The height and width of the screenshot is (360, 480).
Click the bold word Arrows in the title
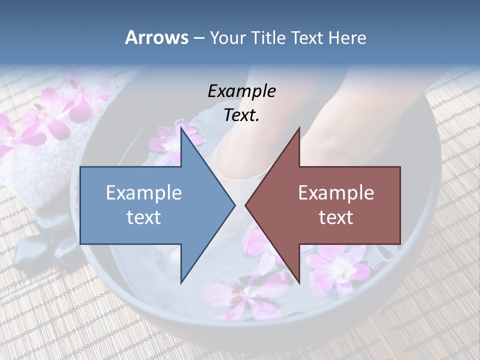click(156, 37)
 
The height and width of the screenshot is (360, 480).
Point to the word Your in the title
click(227, 37)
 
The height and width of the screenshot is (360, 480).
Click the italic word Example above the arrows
click(241, 91)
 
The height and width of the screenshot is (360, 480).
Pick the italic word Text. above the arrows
click(241, 115)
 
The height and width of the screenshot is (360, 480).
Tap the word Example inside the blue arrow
click(144, 193)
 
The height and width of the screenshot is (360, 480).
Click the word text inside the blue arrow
click(144, 217)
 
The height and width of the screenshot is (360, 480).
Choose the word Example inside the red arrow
click(336, 193)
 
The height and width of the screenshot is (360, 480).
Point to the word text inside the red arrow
click(336, 217)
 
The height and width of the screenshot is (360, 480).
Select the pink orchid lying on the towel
click(55, 110)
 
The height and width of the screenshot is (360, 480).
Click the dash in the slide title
click(198, 38)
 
